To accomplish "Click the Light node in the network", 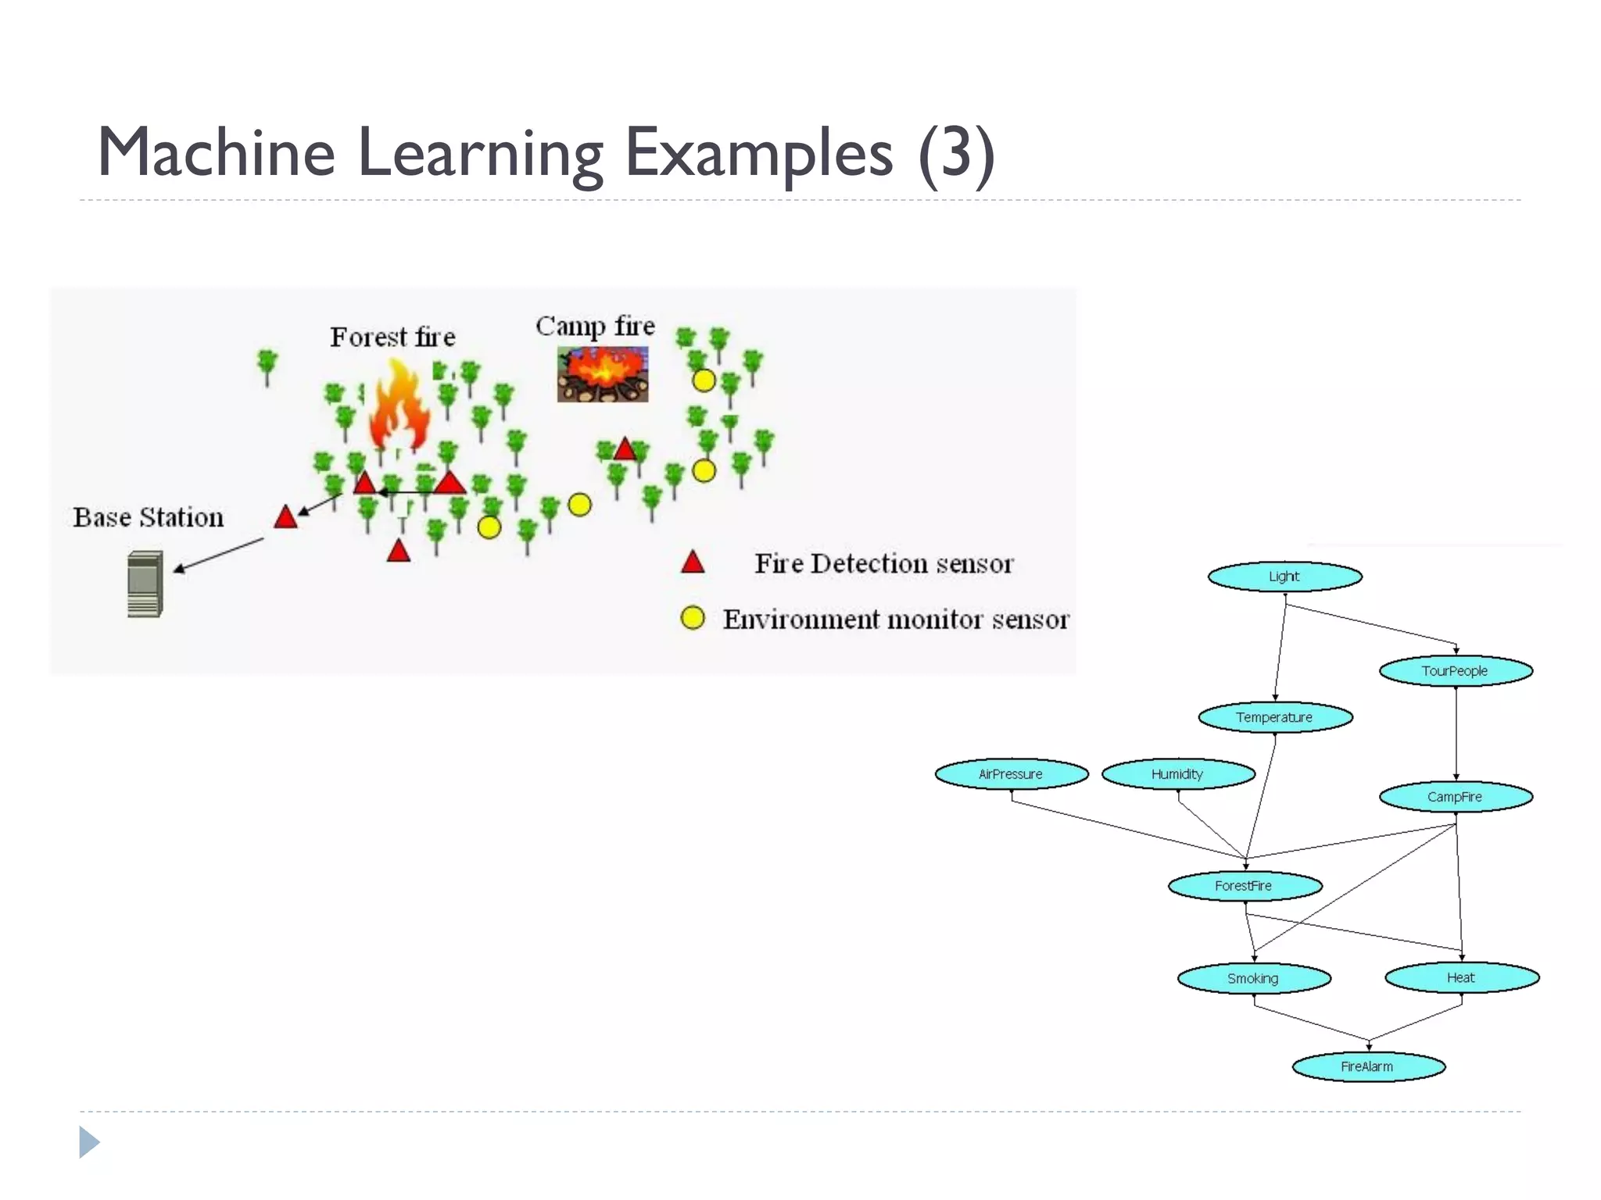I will pos(1284,577).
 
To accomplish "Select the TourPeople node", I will pos(1455,671).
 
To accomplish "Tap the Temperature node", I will pos(1275,717).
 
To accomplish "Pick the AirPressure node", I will pos(1011,774).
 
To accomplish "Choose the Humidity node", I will pos(1177,774).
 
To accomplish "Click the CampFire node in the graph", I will pos(1455,797).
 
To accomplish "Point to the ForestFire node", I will pos(1245,886).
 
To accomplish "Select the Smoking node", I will pos(1253,978).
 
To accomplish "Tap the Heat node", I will pos(1461,977).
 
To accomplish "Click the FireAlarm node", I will pos(1367,1066).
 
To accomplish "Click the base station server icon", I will pos(145,584).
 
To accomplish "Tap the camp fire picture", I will pos(602,375).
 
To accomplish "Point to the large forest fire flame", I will pos(399,406).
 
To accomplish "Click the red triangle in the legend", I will pos(693,563).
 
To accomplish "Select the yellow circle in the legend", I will pos(693,618).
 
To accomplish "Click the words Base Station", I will pos(149,517).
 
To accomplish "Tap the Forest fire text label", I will pos(392,337).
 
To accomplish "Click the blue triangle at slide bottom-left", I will pos(88,1142).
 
